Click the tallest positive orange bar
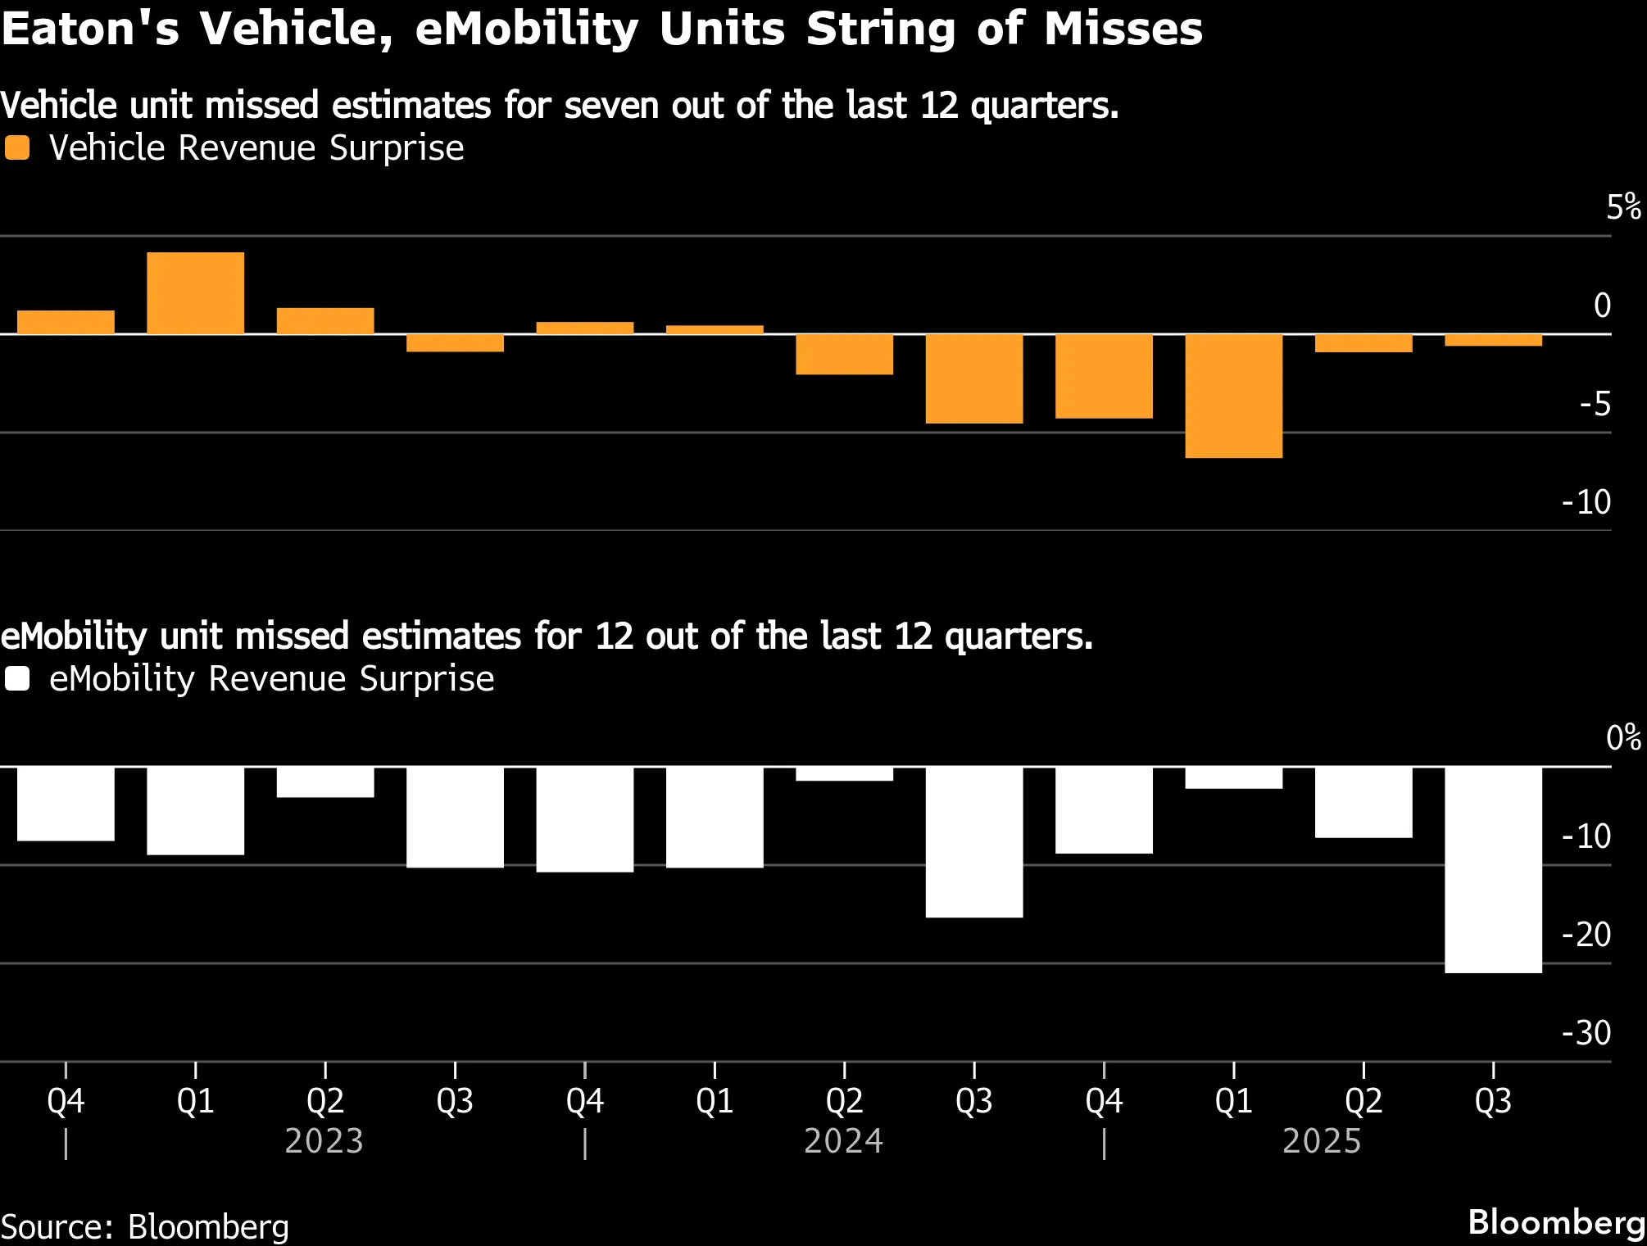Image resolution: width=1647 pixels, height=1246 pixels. click(x=195, y=293)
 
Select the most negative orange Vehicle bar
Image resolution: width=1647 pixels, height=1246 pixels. click(x=1233, y=396)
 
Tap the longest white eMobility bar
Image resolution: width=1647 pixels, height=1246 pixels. click(x=1493, y=870)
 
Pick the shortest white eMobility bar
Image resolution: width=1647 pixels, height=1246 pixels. click(x=844, y=774)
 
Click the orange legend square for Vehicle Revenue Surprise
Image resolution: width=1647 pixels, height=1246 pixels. click(x=17, y=148)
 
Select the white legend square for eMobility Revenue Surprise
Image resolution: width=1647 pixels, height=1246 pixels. click(x=17, y=679)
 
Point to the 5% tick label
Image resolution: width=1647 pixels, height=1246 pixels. click(x=1623, y=207)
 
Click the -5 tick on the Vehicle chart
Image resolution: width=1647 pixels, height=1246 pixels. click(x=1595, y=404)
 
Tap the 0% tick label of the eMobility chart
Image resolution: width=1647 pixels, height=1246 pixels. click(x=1623, y=738)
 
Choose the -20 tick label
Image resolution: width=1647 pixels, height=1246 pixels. click(x=1586, y=935)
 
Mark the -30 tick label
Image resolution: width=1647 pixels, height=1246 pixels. click(x=1586, y=1033)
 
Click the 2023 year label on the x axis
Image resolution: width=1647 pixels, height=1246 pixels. click(x=324, y=1141)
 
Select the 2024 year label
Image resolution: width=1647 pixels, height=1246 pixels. click(x=844, y=1141)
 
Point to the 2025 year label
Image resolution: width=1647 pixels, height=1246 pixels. click(x=1322, y=1141)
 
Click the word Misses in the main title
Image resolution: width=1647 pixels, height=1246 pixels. click(x=1123, y=29)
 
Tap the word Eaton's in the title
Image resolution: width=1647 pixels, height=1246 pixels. click(x=90, y=29)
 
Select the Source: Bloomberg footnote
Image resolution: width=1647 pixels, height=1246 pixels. click(x=145, y=1227)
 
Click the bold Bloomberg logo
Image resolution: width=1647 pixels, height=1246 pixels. click(x=1557, y=1223)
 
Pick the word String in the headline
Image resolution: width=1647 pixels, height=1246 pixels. click(x=881, y=30)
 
